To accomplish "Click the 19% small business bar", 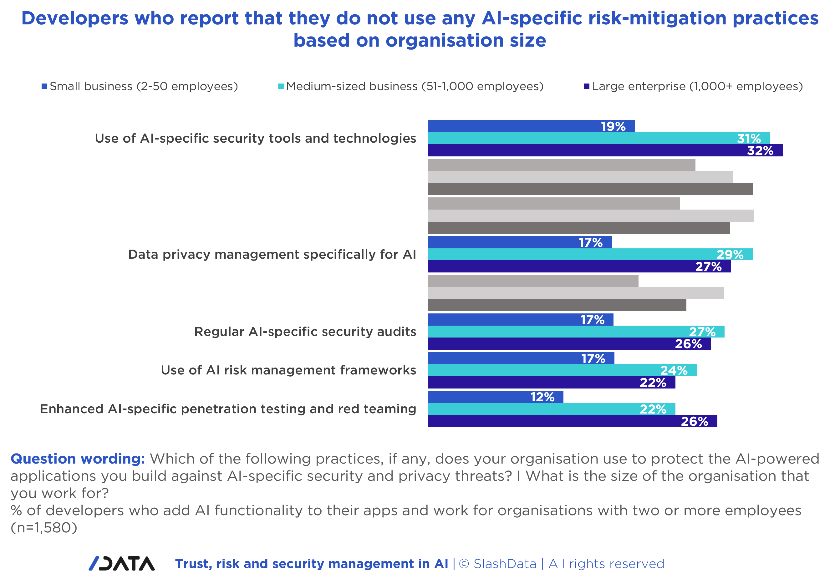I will pos(531,126).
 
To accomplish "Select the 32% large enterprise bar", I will pos(605,150).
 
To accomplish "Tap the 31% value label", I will pos(749,139).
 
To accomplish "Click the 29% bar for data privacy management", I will pos(590,254).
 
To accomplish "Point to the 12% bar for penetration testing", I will pos(495,397).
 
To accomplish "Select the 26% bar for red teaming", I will pos(572,421).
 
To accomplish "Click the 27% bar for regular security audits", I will pos(576,332).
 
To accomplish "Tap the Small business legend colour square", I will pos(44,86).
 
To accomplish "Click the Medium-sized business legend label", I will pos(415,86).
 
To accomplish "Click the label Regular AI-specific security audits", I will pos(305,332).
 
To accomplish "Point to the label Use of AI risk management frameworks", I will pos(288,370).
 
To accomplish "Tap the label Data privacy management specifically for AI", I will pos(272,254).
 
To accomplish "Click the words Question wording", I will pos(78,459).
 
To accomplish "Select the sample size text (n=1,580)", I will pos(44,527).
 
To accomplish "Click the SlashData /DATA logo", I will pos(122,563).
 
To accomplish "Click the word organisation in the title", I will pos(445,40).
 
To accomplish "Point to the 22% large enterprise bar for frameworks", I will pos(551,382).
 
